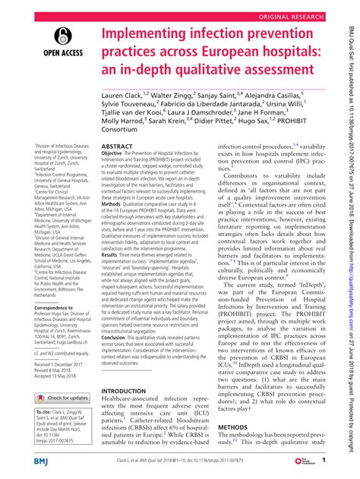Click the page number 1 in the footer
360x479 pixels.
pos(324,462)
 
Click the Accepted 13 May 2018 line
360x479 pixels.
pos(60,379)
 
